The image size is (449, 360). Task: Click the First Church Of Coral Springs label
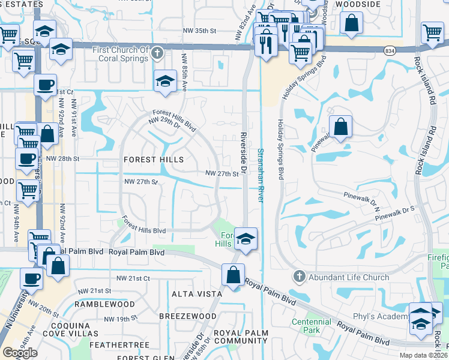119,54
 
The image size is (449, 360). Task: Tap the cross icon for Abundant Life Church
299,277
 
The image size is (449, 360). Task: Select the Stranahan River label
261,175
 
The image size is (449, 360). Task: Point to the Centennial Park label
311,326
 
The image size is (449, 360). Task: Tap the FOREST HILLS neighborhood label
153,160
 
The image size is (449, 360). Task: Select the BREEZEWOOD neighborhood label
188,316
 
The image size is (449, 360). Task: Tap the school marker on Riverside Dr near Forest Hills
246,238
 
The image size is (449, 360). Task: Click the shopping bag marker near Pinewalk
340,127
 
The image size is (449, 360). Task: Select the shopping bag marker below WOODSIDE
351,23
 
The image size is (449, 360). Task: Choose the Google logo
20,352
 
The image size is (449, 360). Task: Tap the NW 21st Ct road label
133,278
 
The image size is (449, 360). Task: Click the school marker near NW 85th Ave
165,81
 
